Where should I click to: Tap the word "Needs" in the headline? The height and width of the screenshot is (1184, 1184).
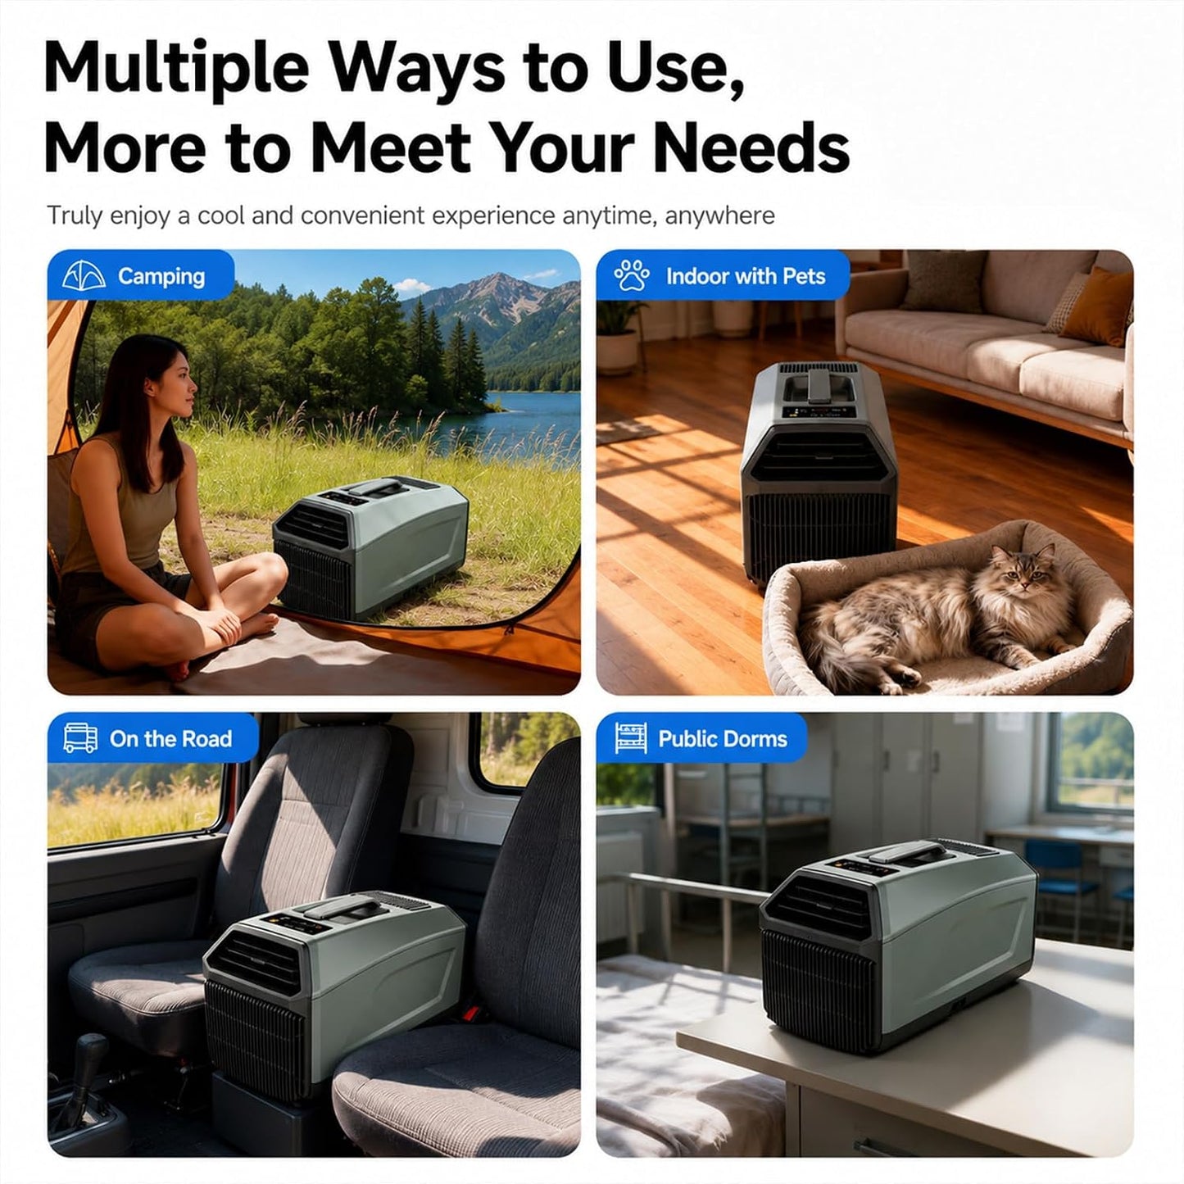(x=751, y=148)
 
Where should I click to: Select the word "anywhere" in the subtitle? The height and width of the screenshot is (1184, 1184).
(x=720, y=216)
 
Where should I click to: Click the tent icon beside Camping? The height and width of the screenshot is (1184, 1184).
(x=79, y=276)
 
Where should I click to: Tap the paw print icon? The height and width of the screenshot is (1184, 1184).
(x=632, y=275)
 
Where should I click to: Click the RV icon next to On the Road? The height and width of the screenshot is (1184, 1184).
(x=80, y=737)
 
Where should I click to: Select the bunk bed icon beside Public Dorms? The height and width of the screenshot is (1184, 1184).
(x=631, y=737)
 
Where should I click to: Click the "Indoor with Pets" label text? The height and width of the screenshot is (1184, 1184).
(x=746, y=276)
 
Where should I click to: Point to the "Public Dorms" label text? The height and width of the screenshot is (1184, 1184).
(x=723, y=738)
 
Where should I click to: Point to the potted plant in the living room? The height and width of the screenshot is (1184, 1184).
(x=619, y=335)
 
